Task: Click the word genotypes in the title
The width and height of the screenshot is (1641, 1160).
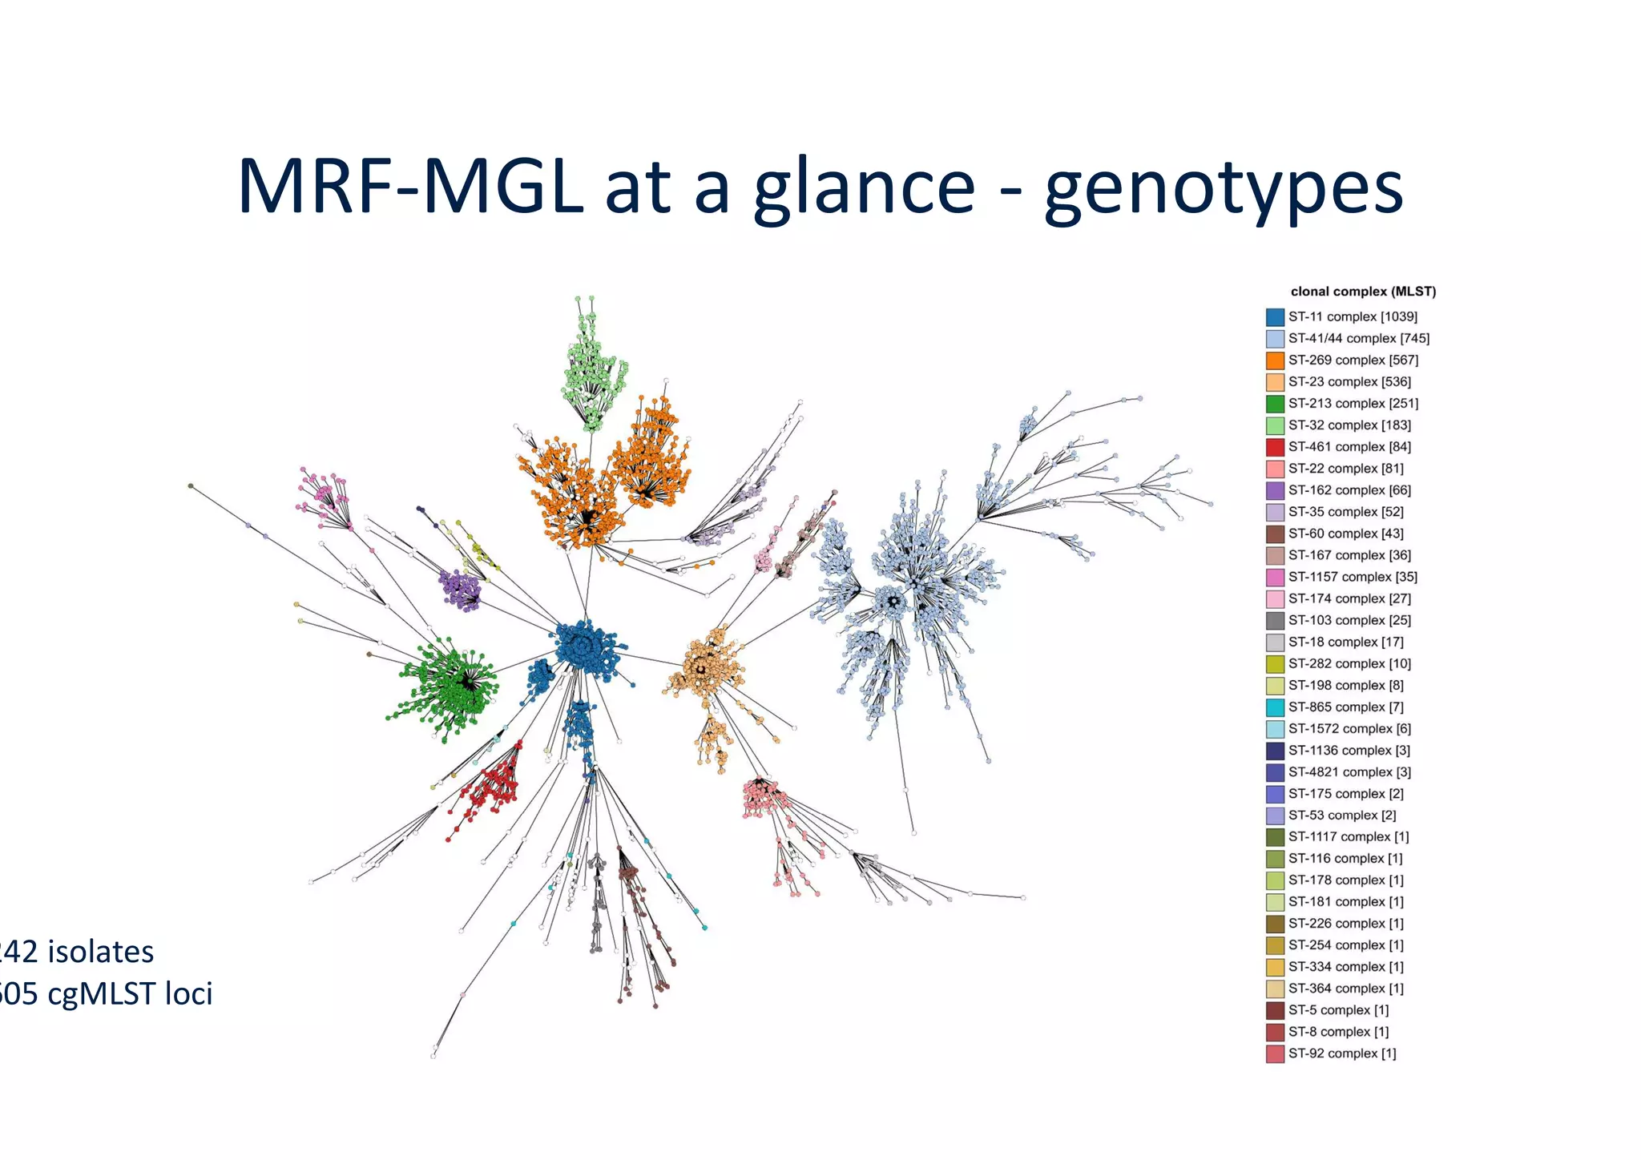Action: point(1224,187)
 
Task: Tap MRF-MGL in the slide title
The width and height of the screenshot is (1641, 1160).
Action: point(410,187)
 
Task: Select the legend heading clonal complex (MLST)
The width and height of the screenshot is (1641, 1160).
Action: point(1363,292)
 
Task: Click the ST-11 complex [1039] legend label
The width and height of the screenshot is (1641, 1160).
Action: point(1353,316)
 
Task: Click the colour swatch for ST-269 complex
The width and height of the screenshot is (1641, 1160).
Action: point(1275,360)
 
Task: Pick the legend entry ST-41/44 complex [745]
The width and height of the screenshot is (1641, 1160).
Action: point(1358,338)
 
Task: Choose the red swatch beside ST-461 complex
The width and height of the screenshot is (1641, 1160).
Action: point(1275,447)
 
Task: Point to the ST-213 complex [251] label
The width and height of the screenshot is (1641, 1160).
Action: point(1353,403)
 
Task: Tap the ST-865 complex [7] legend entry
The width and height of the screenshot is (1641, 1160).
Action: point(1345,707)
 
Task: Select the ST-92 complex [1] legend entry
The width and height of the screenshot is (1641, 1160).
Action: point(1341,1053)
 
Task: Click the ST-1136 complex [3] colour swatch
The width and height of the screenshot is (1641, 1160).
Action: point(1275,751)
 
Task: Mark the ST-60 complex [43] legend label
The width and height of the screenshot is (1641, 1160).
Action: point(1345,534)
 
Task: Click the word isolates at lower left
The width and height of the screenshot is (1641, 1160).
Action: point(100,952)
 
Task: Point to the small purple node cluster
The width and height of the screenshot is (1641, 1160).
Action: point(461,589)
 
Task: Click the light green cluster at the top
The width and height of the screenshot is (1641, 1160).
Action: point(593,373)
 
